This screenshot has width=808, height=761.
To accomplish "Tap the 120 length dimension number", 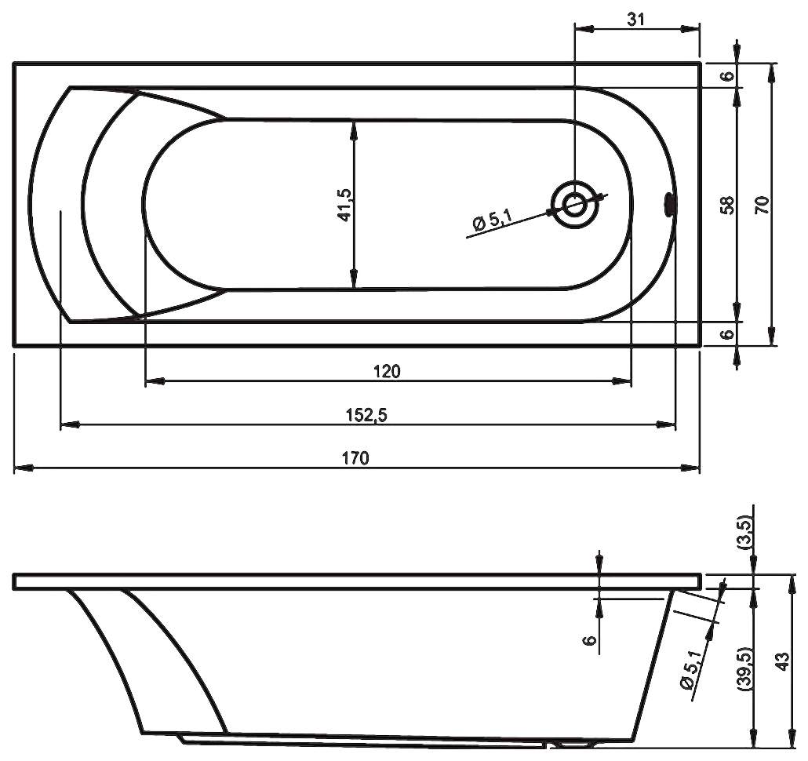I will (x=387, y=371).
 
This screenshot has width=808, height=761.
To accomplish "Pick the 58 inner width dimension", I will (x=727, y=205).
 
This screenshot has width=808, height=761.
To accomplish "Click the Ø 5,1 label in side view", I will (x=692, y=671).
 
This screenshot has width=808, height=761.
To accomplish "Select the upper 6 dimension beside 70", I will (x=727, y=76).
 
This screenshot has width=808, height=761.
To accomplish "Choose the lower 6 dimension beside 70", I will (x=727, y=333).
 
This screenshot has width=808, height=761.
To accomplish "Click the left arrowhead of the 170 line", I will (x=22, y=468).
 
